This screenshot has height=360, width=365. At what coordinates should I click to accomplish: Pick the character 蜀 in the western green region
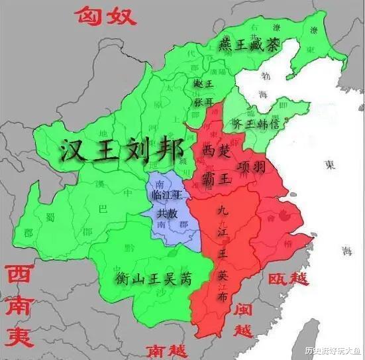[50, 217]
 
